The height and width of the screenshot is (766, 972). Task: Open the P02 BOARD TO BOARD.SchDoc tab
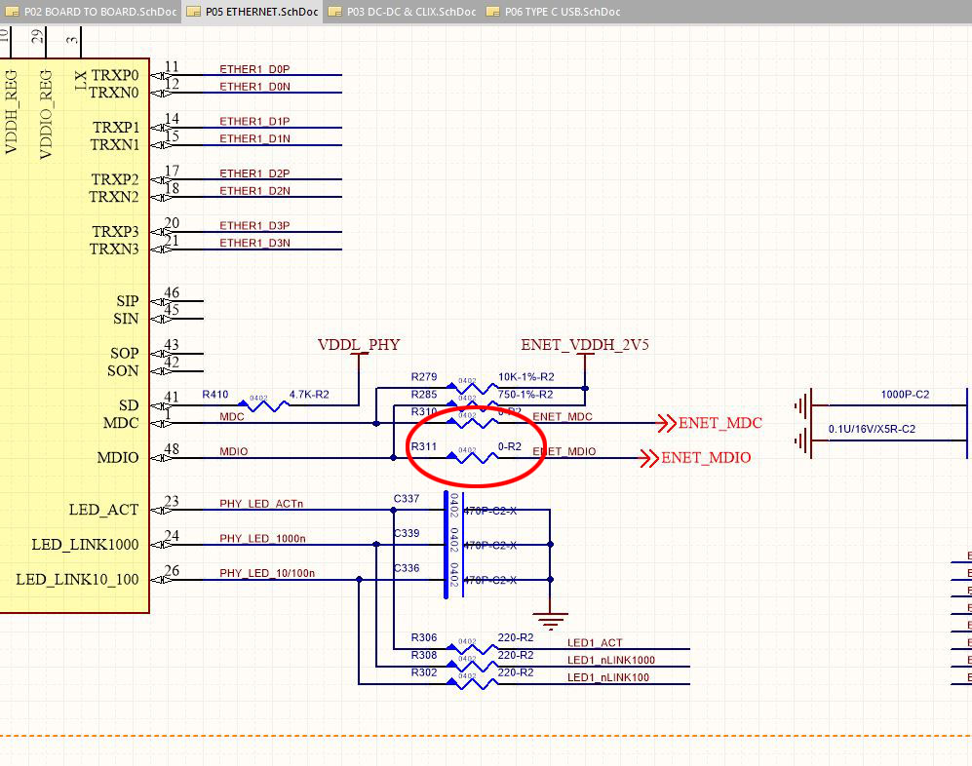click(94, 12)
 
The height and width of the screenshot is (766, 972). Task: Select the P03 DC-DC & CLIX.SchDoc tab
click(409, 12)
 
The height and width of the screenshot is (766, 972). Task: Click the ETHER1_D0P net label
click(254, 69)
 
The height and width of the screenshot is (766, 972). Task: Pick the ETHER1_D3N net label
click(254, 243)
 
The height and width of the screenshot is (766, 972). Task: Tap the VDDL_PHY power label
click(359, 345)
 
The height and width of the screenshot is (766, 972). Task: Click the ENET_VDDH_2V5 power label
click(584, 345)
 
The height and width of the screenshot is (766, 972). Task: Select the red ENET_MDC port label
click(719, 423)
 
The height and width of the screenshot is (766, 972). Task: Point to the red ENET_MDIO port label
click(706, 457)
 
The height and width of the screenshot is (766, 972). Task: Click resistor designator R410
click(214, 395)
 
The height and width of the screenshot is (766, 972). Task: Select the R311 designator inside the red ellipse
click(424, 445)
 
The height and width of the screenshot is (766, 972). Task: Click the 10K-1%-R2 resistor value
click(525, 376)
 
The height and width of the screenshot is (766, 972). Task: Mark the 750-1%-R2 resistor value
click(525, 395)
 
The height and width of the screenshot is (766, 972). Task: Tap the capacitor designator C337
click(407, 499)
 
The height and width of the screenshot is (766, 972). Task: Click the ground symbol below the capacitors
click(551, 619)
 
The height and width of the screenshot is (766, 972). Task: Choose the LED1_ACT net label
click(595, 643)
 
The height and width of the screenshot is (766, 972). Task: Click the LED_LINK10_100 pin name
click(77, 580)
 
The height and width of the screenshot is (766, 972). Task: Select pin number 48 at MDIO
click(173, 450)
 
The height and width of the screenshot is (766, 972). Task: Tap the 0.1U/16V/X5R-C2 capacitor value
click(872, 429)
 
